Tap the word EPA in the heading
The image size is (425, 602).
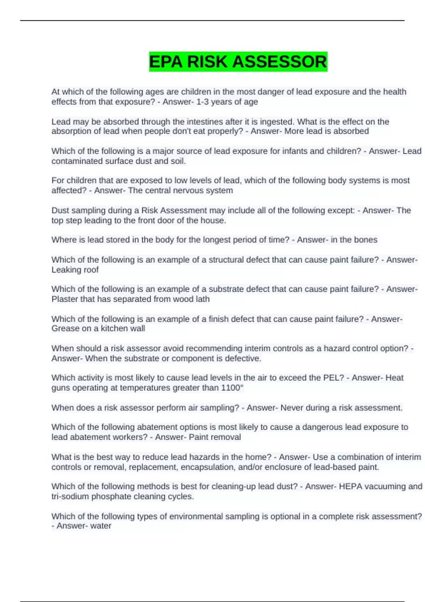coord(166,62)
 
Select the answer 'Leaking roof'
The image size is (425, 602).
coord(75,270)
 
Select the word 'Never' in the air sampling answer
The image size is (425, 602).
coord(291,408)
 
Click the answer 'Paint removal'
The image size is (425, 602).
coord(215,437)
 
